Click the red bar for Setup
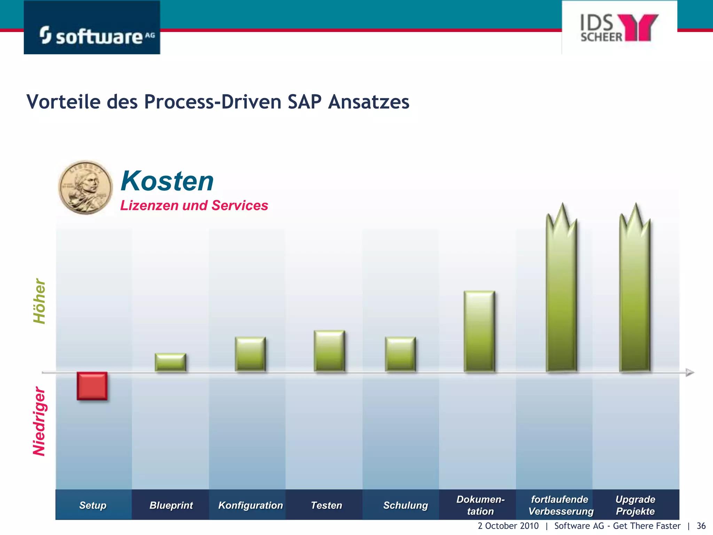pyautogui.click(x=92, y=386)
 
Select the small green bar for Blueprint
pyautogui.click(x=170, y=362)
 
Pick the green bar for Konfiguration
pyautogui.click(x=250, y=354)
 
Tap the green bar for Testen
pyautogui.click(x=329, y=351)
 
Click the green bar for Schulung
pyautogui.click(x=400, y=354)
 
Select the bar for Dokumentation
pyautogui.click(x=479, y=331)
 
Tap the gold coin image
pyautogui.click(x=86, y=187)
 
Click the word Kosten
pyautogui.click(x=167, y=181)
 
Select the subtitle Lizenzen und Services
pyautogui.click(x=194, y=206)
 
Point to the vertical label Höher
pyautogui.click(x=39, y=301)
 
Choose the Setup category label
pyautogui.click(x=93, y=505)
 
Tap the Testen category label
pyautogui.click(x=326, y=505)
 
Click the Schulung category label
pyautogui.click(x=405, y=505)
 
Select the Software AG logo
pyautogui.click(x=92, y=28)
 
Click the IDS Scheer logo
pyautogui.click(x=619, y=28)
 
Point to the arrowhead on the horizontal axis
pyautogui.click(x=690, y=372)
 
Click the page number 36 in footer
pyautogui.click(x=701, y=526)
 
